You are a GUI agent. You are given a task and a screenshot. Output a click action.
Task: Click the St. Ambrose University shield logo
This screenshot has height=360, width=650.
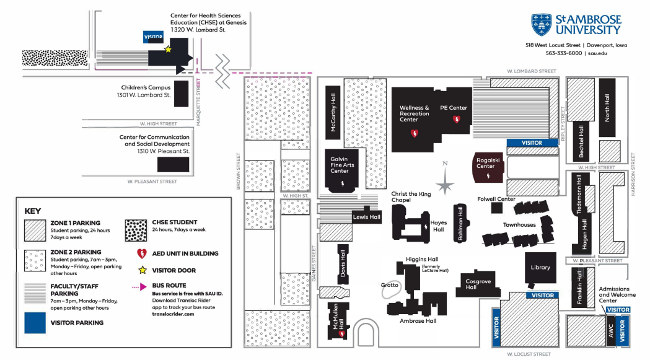click(541, 24)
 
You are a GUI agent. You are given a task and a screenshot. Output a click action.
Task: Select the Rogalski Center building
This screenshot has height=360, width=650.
click(486, 166)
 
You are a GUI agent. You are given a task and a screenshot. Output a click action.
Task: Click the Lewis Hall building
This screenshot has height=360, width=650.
click(366, 217)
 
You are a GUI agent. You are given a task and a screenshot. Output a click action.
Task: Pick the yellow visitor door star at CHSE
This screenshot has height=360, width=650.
click(167, 49)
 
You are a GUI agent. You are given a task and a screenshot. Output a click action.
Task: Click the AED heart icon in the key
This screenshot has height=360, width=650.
click(141, 253)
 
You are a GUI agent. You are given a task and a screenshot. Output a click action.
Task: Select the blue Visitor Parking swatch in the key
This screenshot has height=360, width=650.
click(36, 322)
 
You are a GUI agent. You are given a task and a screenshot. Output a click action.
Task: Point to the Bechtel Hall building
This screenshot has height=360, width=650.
click(581, 141)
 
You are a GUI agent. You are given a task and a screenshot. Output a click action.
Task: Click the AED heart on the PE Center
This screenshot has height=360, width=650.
click(457, 119)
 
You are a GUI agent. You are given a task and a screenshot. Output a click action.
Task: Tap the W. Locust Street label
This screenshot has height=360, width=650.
click(528, 354)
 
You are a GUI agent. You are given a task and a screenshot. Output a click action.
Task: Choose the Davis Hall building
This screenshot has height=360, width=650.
click(343, 263)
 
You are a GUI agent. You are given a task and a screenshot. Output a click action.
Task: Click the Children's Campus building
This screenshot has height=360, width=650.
click(181, 93)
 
